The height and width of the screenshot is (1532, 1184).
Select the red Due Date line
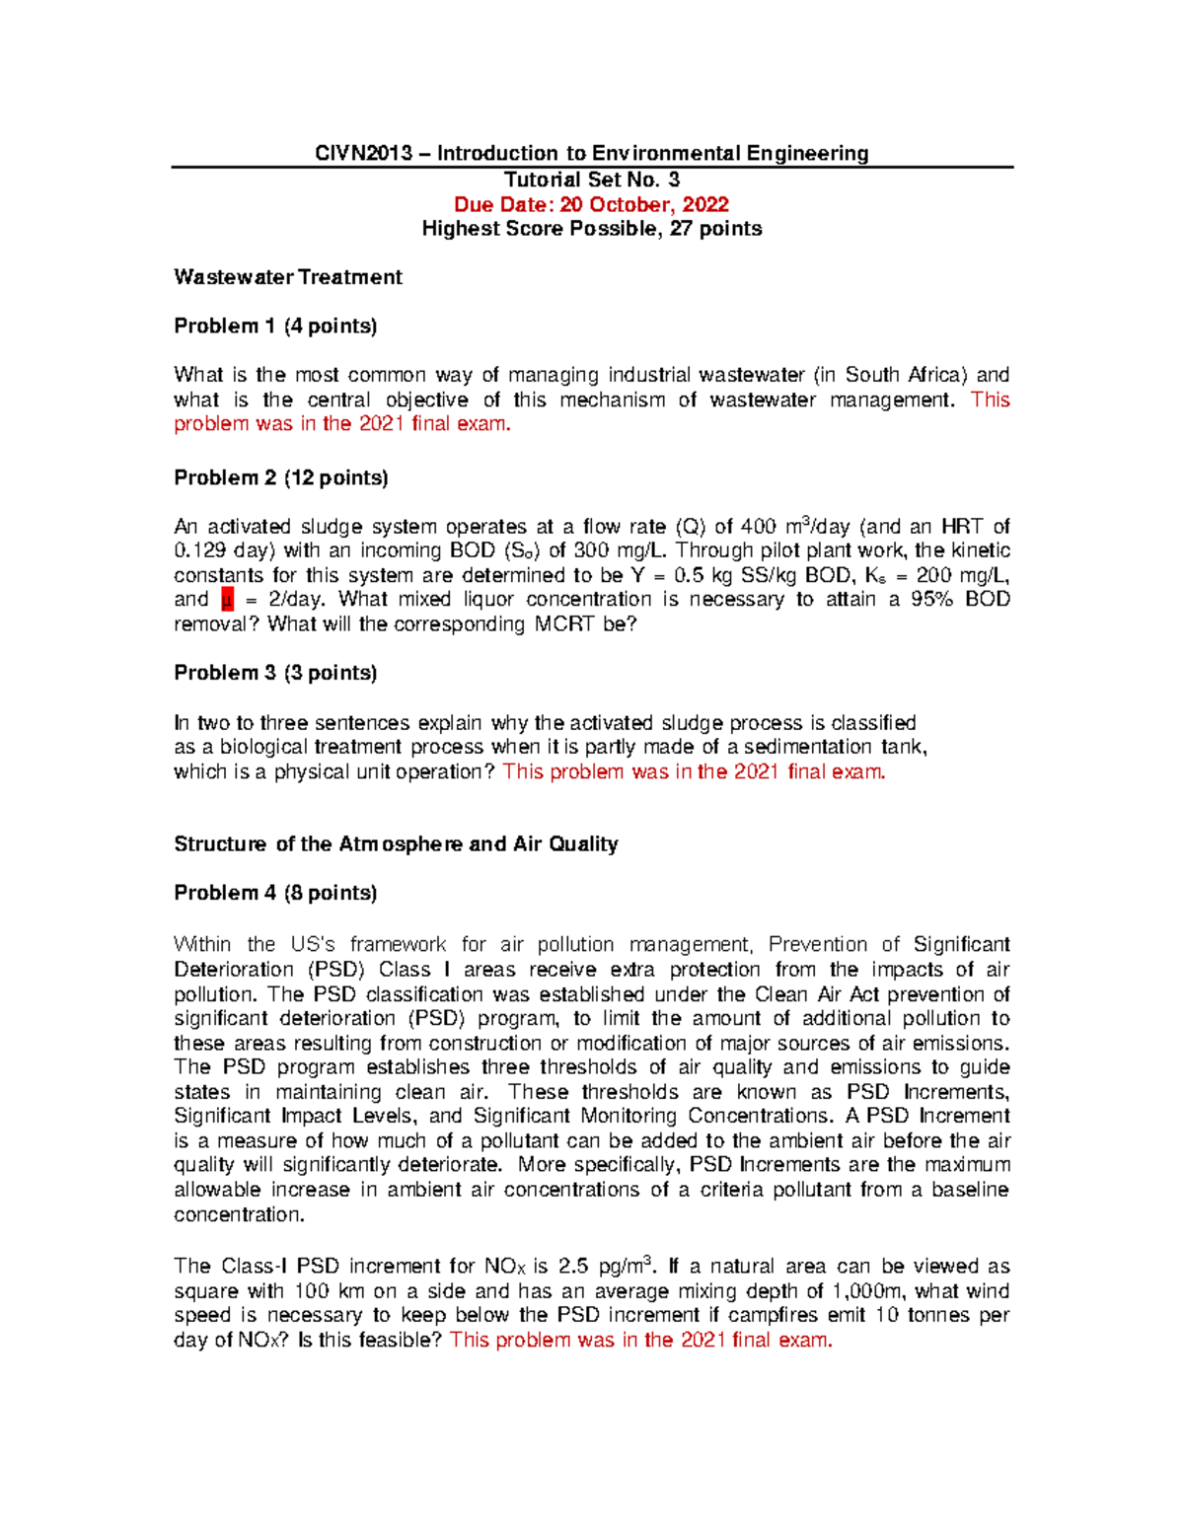(x=591, y=204)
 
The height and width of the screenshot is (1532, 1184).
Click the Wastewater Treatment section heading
(x=288, y=277)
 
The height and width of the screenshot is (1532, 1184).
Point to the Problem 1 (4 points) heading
(x=275, y=326)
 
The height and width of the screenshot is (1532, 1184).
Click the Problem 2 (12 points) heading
(x=280, y=477)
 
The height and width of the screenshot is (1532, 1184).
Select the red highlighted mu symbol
(x=227, y=600)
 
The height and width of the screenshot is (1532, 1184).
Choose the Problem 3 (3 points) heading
(x=275, y=673)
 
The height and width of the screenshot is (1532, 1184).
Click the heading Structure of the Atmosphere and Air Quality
(x=396, y=843)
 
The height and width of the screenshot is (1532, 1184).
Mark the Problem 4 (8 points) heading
(x=275, y=893)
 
